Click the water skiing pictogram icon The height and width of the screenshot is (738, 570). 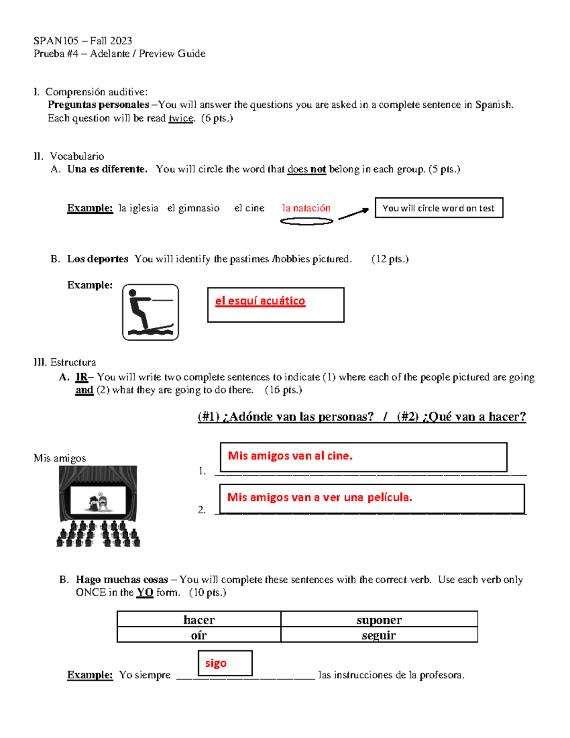point(150,312)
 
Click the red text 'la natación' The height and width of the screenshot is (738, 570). point(306,208)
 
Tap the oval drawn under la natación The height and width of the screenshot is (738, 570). point(306,221)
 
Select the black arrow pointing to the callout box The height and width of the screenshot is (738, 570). point(353,214)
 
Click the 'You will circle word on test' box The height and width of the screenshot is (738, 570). point(438,208)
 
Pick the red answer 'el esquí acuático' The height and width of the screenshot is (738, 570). point(260,301)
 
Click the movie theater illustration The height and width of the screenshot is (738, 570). point(98,506)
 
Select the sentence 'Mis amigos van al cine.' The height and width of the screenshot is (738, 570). point(290,456)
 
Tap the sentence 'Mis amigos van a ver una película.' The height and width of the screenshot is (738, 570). point(319,498)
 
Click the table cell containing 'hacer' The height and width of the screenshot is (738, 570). point(199,619)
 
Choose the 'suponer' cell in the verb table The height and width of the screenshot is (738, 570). point(379,619)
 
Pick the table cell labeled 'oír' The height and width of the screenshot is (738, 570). point(199,635)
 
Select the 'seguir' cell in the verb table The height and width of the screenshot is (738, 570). point(379,635)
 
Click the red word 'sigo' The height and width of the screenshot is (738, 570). point(216,663)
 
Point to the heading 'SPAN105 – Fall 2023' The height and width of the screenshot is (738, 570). point(83,41)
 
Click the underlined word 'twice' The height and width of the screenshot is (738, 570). point(181,118)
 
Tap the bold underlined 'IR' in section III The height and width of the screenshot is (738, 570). point(81,377)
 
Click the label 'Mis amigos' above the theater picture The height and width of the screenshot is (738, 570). point(60,458)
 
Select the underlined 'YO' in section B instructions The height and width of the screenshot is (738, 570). point(145,593)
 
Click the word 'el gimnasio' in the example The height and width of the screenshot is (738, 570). point(193,208)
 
